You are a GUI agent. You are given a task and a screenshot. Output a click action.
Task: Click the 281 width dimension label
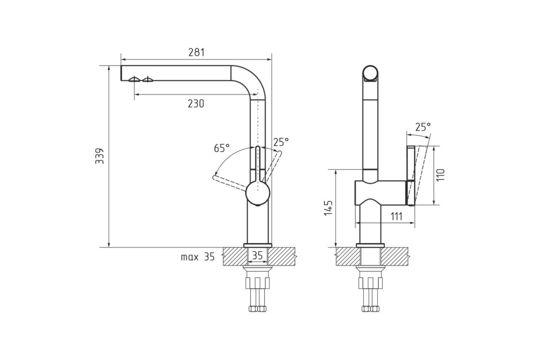(x=196, y=52)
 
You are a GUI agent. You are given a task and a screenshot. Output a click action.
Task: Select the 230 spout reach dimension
(x=196, y=103)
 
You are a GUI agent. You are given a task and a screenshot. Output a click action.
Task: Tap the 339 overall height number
(x=99, y=156)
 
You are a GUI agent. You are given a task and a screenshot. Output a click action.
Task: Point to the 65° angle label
(x=222, y=148)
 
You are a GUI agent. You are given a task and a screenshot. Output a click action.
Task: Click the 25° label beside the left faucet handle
(x=281, y=142)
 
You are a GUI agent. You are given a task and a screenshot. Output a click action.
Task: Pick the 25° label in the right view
(x=423, y=127)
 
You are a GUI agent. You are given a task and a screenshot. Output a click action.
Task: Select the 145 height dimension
(x=328, y=208)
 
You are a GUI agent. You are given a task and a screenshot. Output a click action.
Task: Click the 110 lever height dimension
(x=440, y=175)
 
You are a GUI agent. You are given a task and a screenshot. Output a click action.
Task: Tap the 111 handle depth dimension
(x=396, y=216)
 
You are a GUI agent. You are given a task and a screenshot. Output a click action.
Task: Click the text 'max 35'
(x=198, y=257)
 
